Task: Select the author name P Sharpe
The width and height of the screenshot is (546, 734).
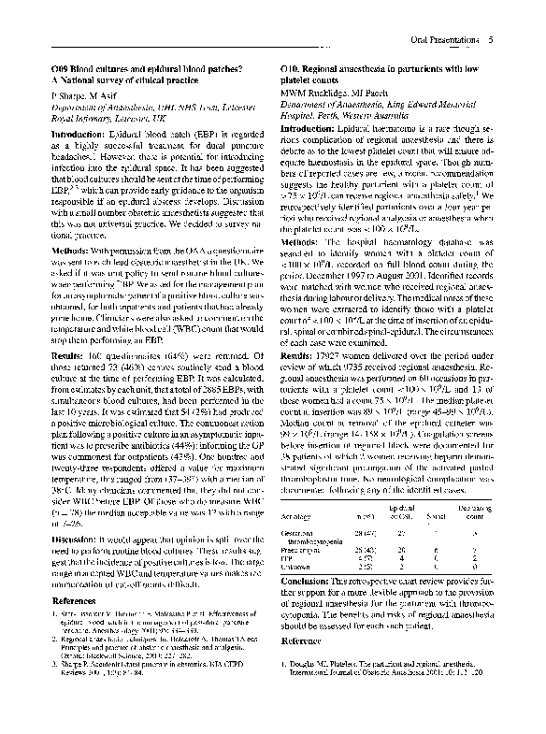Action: click(x=65, y=96)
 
